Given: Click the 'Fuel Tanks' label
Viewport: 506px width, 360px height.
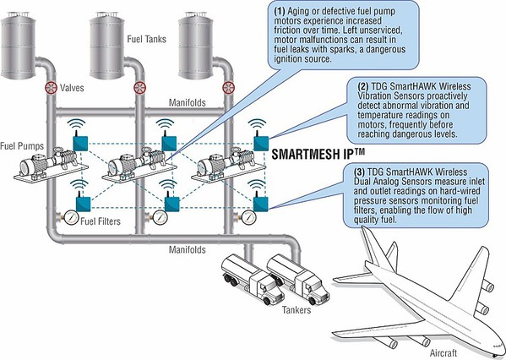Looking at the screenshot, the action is click(146, 39).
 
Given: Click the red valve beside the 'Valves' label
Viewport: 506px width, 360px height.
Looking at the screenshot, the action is click(51, 88).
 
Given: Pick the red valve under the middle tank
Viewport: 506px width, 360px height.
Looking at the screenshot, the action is click(139, 88).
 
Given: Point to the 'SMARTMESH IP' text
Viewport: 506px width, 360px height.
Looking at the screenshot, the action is click(318, 154).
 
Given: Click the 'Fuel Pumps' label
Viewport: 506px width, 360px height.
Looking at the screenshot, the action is click(22, 146).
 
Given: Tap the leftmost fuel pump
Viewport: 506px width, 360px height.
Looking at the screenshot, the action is click(51, 165).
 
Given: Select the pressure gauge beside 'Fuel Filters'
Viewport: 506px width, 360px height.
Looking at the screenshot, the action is click(71, 217).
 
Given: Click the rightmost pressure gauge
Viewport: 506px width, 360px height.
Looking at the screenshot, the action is click(248, 217).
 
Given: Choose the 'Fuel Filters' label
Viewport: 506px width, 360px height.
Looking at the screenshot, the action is click(101, 221).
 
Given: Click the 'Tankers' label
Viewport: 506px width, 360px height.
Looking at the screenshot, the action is click(297, 310).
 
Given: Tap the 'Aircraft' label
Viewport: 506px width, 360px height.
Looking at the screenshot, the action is click(443, 353).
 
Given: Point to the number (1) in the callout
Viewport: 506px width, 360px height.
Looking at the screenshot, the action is click(280, 11).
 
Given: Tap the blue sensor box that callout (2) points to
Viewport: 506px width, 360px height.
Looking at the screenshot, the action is click(261, 144).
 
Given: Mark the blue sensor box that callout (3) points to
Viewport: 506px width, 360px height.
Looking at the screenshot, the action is click(260, 204).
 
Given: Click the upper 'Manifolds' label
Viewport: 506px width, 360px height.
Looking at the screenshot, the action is click(188, 102).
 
